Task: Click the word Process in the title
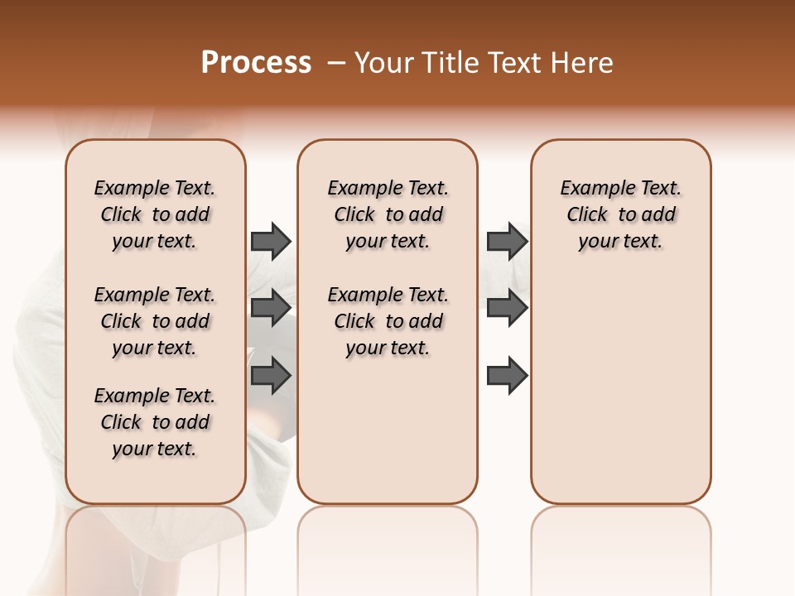[x=256, y=63]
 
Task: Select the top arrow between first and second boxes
[x=271, y=241]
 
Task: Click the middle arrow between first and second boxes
[x=271, y=308]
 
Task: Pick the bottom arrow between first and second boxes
[x=271, y=375]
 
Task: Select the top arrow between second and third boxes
[x=507, y=241]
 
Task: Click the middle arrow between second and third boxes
[x=507, y=308]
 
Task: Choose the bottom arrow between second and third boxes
[x=507, y=375]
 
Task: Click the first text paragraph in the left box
[x=155, y=214]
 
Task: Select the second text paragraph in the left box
[x=155, y=321]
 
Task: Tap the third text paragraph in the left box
[x=155, y=422]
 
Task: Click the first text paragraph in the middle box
[x=388, y=214]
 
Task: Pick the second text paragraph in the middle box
[x=388, y=321]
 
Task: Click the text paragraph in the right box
[x=620, y=214]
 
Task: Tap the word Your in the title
[x=382, y=63]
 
